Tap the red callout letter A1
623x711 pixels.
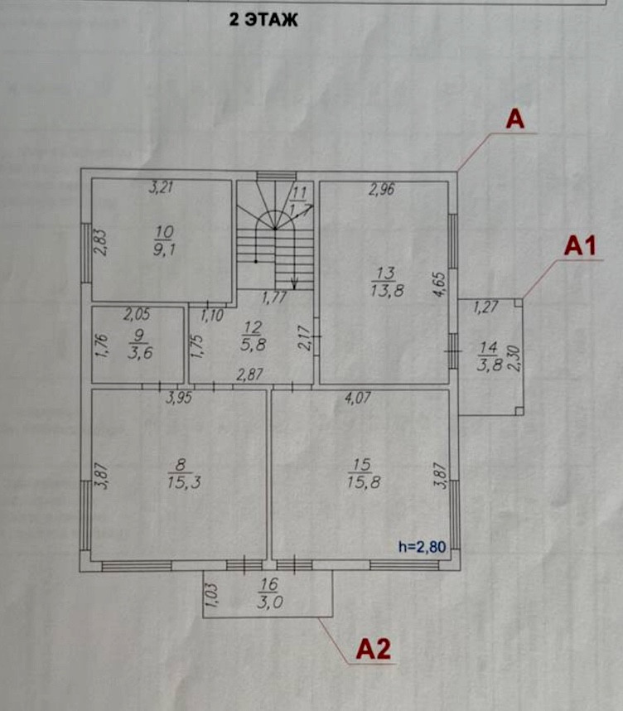point(581,246)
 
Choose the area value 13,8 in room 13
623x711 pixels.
point(385,289)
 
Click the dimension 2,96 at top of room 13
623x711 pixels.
point(381,190)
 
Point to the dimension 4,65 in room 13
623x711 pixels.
point(441,284)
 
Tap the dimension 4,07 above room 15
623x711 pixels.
point(357,399)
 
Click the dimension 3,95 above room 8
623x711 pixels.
point(178,399)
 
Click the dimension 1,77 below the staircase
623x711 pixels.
point(274,296)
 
